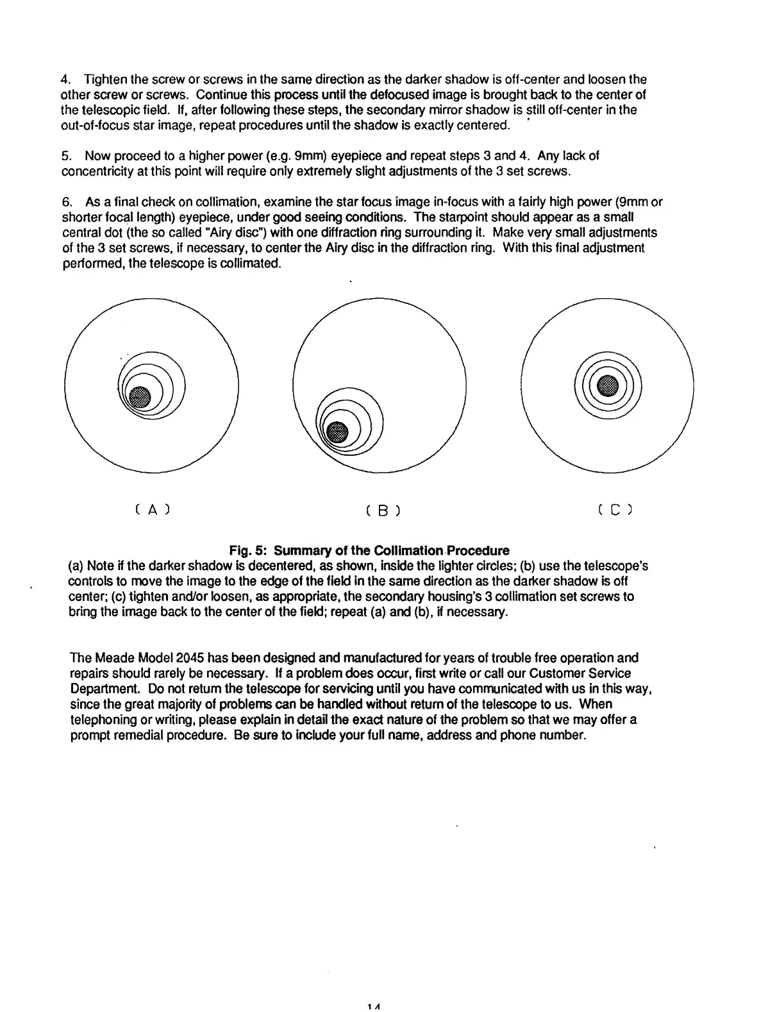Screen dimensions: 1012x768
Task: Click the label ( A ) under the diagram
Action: point(152,510)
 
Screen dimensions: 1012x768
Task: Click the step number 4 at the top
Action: point(65,80)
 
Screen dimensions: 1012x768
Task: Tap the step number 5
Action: point(65,156)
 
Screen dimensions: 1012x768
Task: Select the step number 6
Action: point(65,203)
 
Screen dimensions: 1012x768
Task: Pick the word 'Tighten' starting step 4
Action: point(106,80)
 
